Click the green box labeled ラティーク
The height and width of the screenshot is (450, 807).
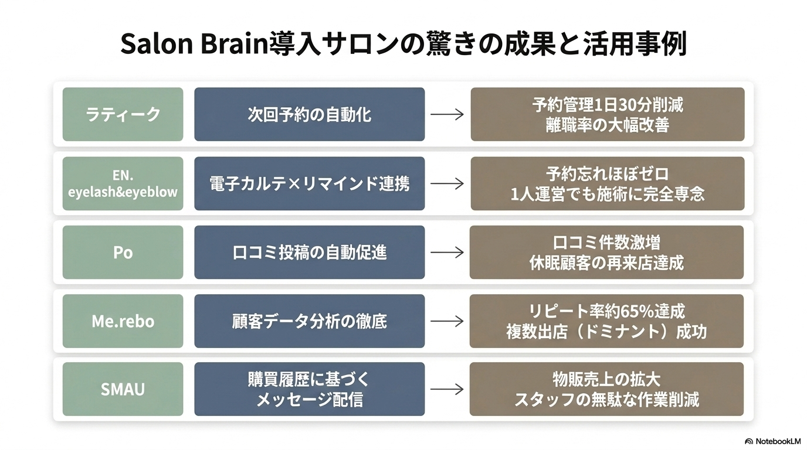point(123,114)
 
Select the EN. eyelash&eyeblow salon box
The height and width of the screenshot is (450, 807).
point(123,183)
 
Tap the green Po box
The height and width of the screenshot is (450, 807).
point(123,252)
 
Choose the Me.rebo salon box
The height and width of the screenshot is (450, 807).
point(123,321)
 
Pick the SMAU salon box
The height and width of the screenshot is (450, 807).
point(123,389)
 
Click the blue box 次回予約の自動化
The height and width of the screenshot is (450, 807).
point(310,114)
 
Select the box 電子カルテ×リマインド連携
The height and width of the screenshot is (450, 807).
point(310,183)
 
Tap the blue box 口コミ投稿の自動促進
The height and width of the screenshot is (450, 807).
point(310,252)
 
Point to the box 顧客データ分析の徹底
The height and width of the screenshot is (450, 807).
point(310,321)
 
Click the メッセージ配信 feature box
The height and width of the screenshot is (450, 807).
point(310,389)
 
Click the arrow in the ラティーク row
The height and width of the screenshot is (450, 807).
point(447,114)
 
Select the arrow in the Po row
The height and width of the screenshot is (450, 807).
point(447,253)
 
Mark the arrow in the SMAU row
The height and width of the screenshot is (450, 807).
point(447,389)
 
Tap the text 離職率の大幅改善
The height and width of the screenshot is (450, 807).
point(608,125)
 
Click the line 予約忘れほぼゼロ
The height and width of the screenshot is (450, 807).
point(608,174)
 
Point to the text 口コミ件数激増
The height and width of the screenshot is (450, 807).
point(606,243)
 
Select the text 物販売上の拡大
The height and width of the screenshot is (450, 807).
point(606,380)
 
